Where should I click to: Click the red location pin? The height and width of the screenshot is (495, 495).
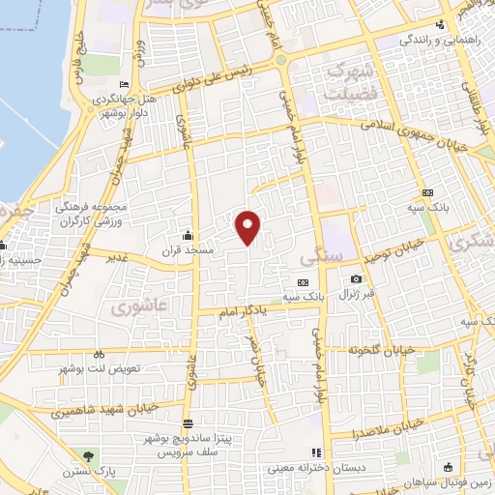click(248, 225)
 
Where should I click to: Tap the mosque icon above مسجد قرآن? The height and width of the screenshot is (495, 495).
click(187, 235)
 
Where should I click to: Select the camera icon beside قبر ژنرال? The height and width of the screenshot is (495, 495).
click(356, 279)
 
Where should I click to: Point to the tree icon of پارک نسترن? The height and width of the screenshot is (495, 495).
click(90, 454)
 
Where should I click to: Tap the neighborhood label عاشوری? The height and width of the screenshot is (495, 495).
click(132, 307)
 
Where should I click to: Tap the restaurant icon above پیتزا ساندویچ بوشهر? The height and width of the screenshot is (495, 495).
click(187, 423)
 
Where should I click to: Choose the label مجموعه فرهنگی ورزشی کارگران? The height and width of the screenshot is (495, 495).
click(75, 213)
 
